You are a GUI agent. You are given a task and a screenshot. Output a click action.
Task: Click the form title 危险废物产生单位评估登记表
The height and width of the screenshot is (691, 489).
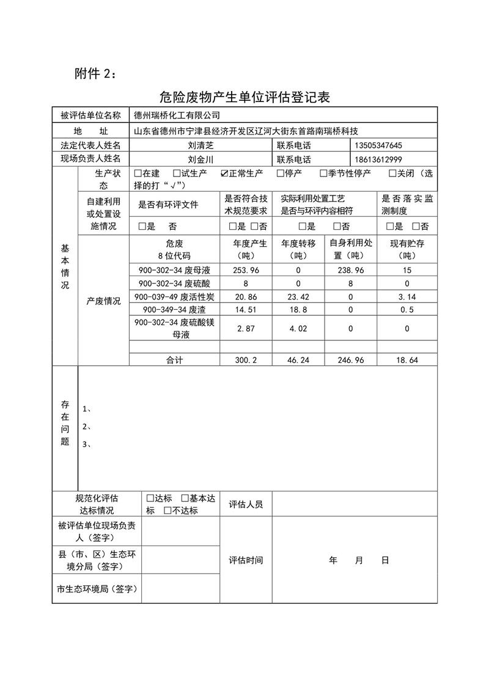[x=244, y=97]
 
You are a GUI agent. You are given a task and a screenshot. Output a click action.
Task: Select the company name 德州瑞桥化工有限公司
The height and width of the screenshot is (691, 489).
[x=177, y=115]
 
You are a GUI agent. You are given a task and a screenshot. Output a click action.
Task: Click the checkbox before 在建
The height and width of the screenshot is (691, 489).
[x=138, y=174]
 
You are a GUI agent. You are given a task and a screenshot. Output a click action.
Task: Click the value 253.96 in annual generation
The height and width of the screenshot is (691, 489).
[x=247, y=270]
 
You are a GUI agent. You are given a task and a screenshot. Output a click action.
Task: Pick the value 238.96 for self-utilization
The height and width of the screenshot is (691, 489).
[x=351, y=270]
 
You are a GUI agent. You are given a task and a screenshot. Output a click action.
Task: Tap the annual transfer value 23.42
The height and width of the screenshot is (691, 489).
[x=298, y=297]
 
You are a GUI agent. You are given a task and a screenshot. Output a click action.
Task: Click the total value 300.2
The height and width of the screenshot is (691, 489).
[x=247, y=360]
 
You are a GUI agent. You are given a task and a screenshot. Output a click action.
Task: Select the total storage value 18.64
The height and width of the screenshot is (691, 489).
[x=406, y=360]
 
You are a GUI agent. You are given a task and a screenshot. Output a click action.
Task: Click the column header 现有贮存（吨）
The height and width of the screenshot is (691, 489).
[x=406, y=249]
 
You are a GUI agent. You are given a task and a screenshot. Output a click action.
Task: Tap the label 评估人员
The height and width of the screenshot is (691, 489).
[x=246, y=505]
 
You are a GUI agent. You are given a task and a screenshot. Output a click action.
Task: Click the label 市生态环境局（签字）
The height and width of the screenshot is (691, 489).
[x=96, y=590]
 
